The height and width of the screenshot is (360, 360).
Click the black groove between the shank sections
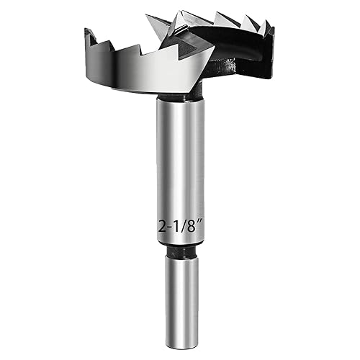coord(179,253)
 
